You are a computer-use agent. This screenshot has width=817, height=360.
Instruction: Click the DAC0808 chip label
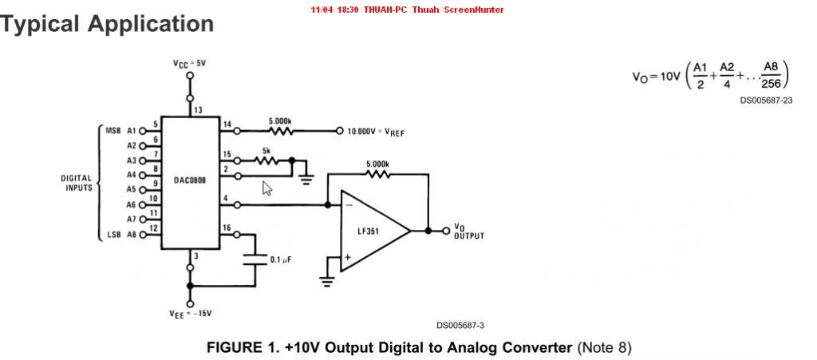190,180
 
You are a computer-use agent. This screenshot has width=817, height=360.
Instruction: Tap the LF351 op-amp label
369,230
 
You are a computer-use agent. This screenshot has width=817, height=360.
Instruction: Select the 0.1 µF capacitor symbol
255,259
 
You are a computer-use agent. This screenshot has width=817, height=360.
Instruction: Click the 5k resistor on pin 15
266,161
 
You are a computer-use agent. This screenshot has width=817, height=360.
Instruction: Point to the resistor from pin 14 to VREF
280,131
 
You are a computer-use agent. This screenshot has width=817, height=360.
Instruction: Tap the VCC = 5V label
190,63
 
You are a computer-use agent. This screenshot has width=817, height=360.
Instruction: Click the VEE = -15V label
190,314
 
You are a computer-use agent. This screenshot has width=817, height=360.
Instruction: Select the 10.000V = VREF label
376,132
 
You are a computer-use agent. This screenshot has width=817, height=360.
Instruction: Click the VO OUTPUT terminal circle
445,231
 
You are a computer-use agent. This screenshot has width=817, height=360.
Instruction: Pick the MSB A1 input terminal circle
142,131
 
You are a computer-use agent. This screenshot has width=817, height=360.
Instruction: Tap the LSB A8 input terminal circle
142,235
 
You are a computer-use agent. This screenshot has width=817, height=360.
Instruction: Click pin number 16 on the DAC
226,227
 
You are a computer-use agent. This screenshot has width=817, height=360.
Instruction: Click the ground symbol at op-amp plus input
327,282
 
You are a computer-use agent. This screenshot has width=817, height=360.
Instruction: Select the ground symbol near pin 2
307,180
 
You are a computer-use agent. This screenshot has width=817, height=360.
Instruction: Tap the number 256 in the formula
772,83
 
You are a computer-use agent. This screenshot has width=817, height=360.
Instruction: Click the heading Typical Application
106,24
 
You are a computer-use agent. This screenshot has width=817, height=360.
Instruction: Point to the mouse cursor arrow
266,188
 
